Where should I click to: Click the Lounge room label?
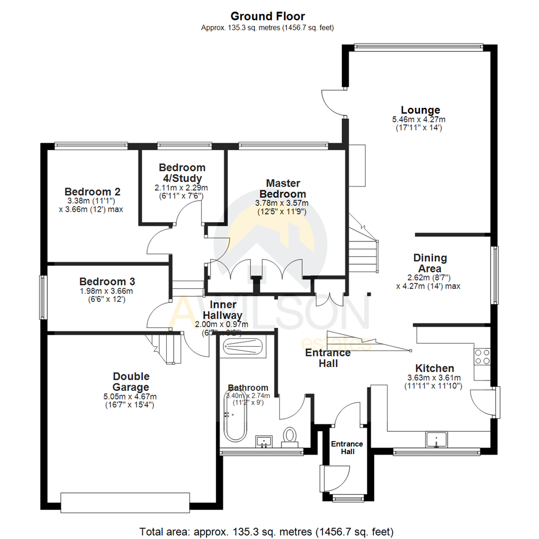pyautogui.click(x=420, y=110)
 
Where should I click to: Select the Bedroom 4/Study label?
pyautogui.click(x=182, y=173)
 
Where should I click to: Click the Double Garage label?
pyautogui.click(x=131, y=382)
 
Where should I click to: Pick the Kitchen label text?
pyautogui.click(x=430, y=368)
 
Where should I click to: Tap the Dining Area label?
pyautogui.click(x=430, y=264)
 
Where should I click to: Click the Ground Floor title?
pyautogui.click(x=268, y=16)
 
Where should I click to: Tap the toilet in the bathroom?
pyautogui.click(x=289, y=436)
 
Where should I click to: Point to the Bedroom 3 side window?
pyautogui.click(x=43, y=297)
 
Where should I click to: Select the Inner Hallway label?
pyautogui.click(x=226, y=310)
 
